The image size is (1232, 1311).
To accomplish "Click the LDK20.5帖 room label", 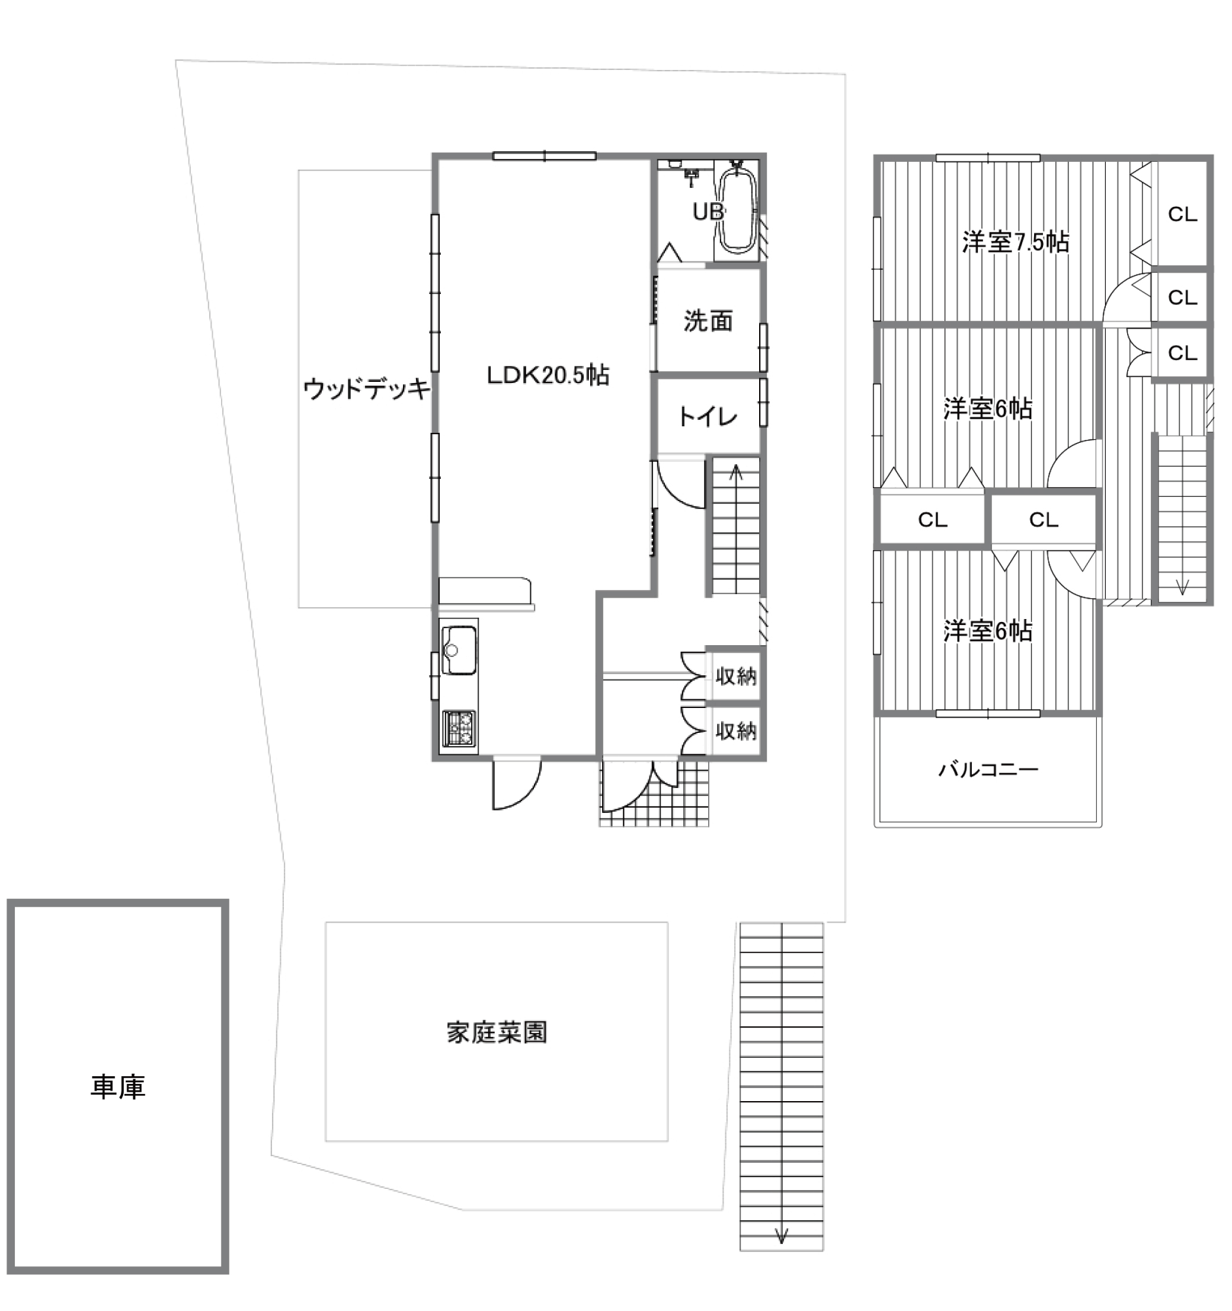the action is point(548,375).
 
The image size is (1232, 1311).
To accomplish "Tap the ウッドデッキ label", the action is point(366,389).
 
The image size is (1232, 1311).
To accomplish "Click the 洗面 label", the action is point(708,321).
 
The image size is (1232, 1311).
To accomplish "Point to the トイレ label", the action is point(708,417).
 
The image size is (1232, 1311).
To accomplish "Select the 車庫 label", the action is point(118,1087).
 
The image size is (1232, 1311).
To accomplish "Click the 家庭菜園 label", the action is point(497,1033).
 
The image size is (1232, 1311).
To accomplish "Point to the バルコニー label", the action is point(988,770).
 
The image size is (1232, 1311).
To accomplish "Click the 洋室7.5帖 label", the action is point(1016,242).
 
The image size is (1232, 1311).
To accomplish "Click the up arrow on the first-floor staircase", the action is point(735,473).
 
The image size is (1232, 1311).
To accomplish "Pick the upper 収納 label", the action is point(735,676).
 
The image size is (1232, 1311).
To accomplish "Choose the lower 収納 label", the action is point(735,731).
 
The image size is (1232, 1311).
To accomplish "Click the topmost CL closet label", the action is point(1183,214).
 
